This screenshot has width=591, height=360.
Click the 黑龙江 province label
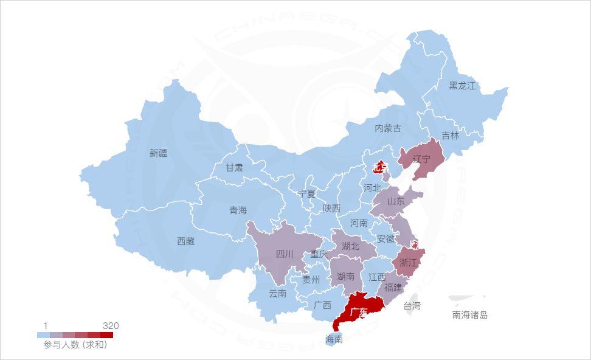click(462, 86)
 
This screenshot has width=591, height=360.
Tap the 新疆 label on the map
click(158, 153)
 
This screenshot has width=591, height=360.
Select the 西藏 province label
click(185, 241)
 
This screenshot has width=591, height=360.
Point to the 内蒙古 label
click(388, 128)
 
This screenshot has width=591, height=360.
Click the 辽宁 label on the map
click(421, 159)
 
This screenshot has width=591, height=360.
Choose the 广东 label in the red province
click(359, 313)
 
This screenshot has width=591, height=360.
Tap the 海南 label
click(334, 339)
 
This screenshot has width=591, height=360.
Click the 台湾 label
click(412, 306)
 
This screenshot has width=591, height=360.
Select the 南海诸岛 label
click(469, 315)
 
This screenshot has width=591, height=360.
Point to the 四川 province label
click(285, 254)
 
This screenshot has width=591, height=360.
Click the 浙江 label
click(407, 263)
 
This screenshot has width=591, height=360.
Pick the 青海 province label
click(238, 210)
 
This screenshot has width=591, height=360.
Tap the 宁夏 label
click(307, 194)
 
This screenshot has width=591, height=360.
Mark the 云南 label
click(277, 294)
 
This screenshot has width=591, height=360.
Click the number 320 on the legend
click(111, 326)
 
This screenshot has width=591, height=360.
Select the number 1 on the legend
click(46, 326)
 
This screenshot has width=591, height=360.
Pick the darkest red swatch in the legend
click(107, 334)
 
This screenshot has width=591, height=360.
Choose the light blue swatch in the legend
click(43, 334)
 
